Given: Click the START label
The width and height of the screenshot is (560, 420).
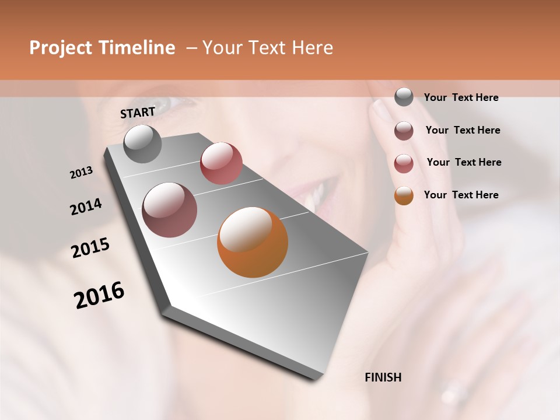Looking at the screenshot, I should [138, 113].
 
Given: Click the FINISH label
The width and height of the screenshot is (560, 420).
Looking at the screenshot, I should [383, 377].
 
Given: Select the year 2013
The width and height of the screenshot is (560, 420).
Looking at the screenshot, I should [81, 173].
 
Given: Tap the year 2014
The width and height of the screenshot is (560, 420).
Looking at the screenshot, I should [86, 207].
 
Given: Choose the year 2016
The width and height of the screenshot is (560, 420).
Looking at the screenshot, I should [99, 295].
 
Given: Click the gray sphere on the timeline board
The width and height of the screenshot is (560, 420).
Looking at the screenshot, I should [142, 143].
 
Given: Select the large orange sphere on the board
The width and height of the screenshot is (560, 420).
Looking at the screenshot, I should [253, 242].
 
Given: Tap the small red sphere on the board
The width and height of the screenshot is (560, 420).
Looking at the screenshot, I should [221, 163].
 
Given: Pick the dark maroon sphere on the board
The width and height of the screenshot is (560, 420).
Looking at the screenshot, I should [170, 210].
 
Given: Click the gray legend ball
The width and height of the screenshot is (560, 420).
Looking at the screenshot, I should [404, 97].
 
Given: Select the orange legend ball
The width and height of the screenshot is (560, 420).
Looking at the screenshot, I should [404, 195].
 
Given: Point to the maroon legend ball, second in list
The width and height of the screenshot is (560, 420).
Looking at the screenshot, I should [404, 131].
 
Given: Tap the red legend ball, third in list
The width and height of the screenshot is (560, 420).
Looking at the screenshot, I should [404, 163].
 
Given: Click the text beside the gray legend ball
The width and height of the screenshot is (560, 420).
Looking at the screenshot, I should [461, 97].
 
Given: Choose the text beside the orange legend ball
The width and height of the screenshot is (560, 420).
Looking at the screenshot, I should [461, 195].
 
